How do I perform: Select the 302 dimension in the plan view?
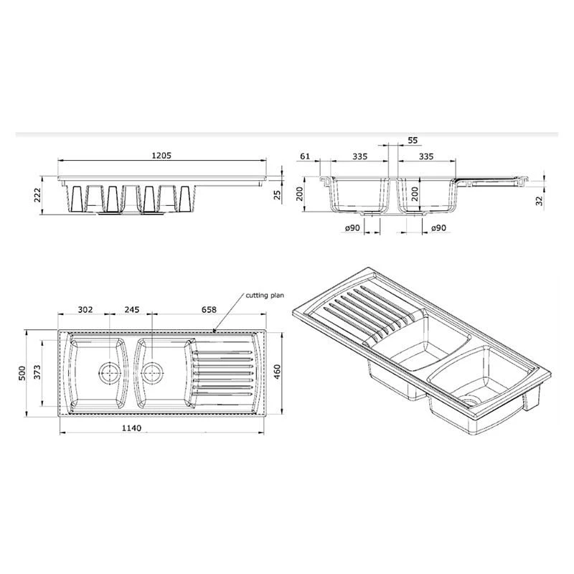pos(85,311)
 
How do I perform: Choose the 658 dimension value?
pos(208,311)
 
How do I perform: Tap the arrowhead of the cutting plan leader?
pos(217,331)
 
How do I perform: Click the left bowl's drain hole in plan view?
pos(109,372)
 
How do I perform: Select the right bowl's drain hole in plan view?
pos(151,372)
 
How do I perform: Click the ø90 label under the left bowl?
pos(352,227)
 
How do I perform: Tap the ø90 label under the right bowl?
pos(439,227)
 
